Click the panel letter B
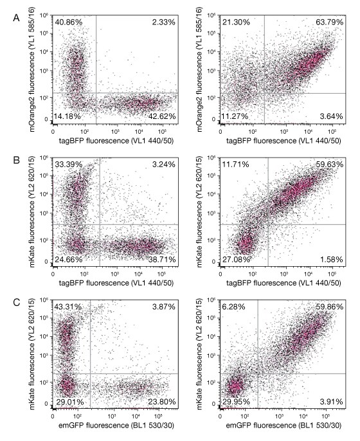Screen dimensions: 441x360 [8, 156]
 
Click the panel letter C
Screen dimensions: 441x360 [8, 300]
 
